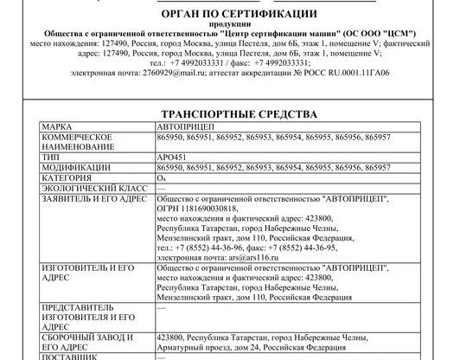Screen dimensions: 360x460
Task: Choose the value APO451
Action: (x=171, y=157)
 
